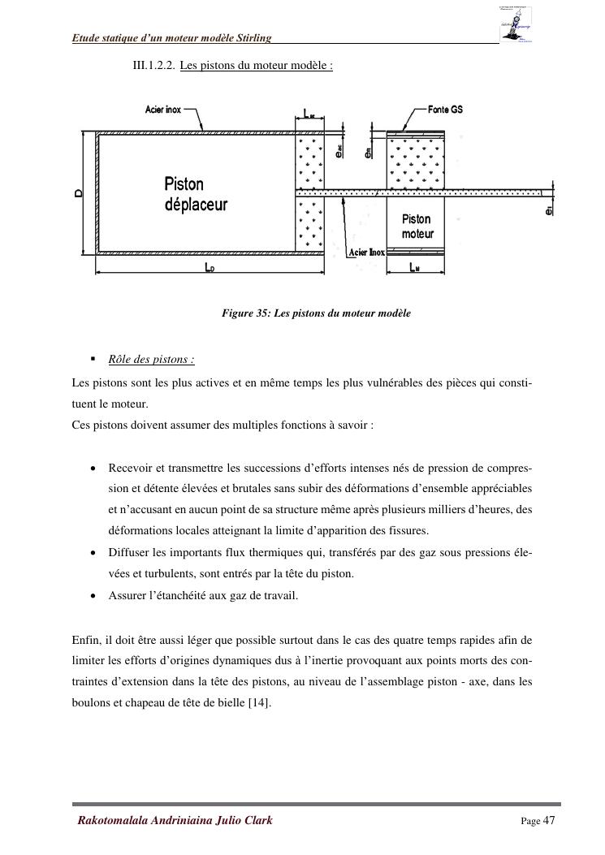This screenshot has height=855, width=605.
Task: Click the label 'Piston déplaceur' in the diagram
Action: [x=196, y=194]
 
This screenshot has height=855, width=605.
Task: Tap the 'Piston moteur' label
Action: [x=417, y=227]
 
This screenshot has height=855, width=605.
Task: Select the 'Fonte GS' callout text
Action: [x=445, y=110]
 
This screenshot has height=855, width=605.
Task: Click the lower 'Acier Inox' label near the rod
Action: [x=367, y=253]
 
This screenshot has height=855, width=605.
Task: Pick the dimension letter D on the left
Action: [x=79, y=193]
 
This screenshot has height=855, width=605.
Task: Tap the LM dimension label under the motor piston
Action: [x=414, y=268]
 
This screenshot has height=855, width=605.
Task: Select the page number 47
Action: [x=549, y=820]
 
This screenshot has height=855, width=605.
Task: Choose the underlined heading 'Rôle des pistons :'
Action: [x=151, y=360]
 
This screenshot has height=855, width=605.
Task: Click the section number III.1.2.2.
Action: [x=153, y=65]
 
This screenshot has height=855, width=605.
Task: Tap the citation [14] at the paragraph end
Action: [x=260, y=702]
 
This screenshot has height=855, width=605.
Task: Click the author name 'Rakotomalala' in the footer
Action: [x=111, y=820]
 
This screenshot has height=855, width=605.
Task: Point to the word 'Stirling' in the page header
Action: [x=253, y=38]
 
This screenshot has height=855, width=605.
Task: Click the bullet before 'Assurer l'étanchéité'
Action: [x=94, y=595]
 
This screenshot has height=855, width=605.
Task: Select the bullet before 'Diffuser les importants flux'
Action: [x=94, y=553]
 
